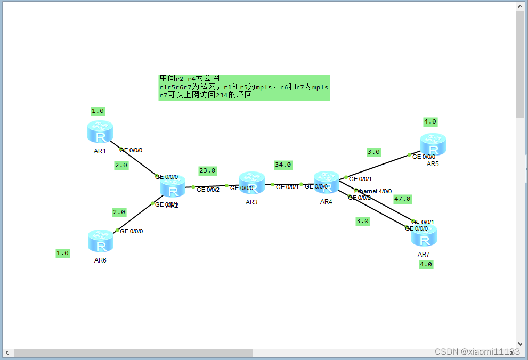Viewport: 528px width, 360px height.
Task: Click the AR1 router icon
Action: pos(100,132)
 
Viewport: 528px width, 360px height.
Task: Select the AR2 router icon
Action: pos(173,187)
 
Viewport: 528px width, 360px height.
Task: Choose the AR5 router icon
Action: pos(433,144)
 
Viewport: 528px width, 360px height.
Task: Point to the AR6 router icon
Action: pos(100,241)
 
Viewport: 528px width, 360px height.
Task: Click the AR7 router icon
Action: pos(424,235)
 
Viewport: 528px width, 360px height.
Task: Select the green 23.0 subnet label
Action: pos(207,171)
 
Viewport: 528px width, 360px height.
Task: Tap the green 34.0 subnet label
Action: pos(283,165)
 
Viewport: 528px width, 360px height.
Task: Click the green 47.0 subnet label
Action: pos(402,199)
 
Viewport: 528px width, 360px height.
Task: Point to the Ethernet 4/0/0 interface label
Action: pos(373,191)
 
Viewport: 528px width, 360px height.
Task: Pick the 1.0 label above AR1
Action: pos(98,111)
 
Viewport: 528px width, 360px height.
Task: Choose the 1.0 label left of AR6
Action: pos(63,253)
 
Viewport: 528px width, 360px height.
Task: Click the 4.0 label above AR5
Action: pos(430,122)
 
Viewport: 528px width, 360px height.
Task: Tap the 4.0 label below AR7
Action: pos(426,264)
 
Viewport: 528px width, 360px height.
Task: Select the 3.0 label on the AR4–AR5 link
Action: pos(373,152)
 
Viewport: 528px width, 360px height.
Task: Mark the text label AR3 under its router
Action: pos(251,202)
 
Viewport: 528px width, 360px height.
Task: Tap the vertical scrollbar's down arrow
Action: pos(521,344)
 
